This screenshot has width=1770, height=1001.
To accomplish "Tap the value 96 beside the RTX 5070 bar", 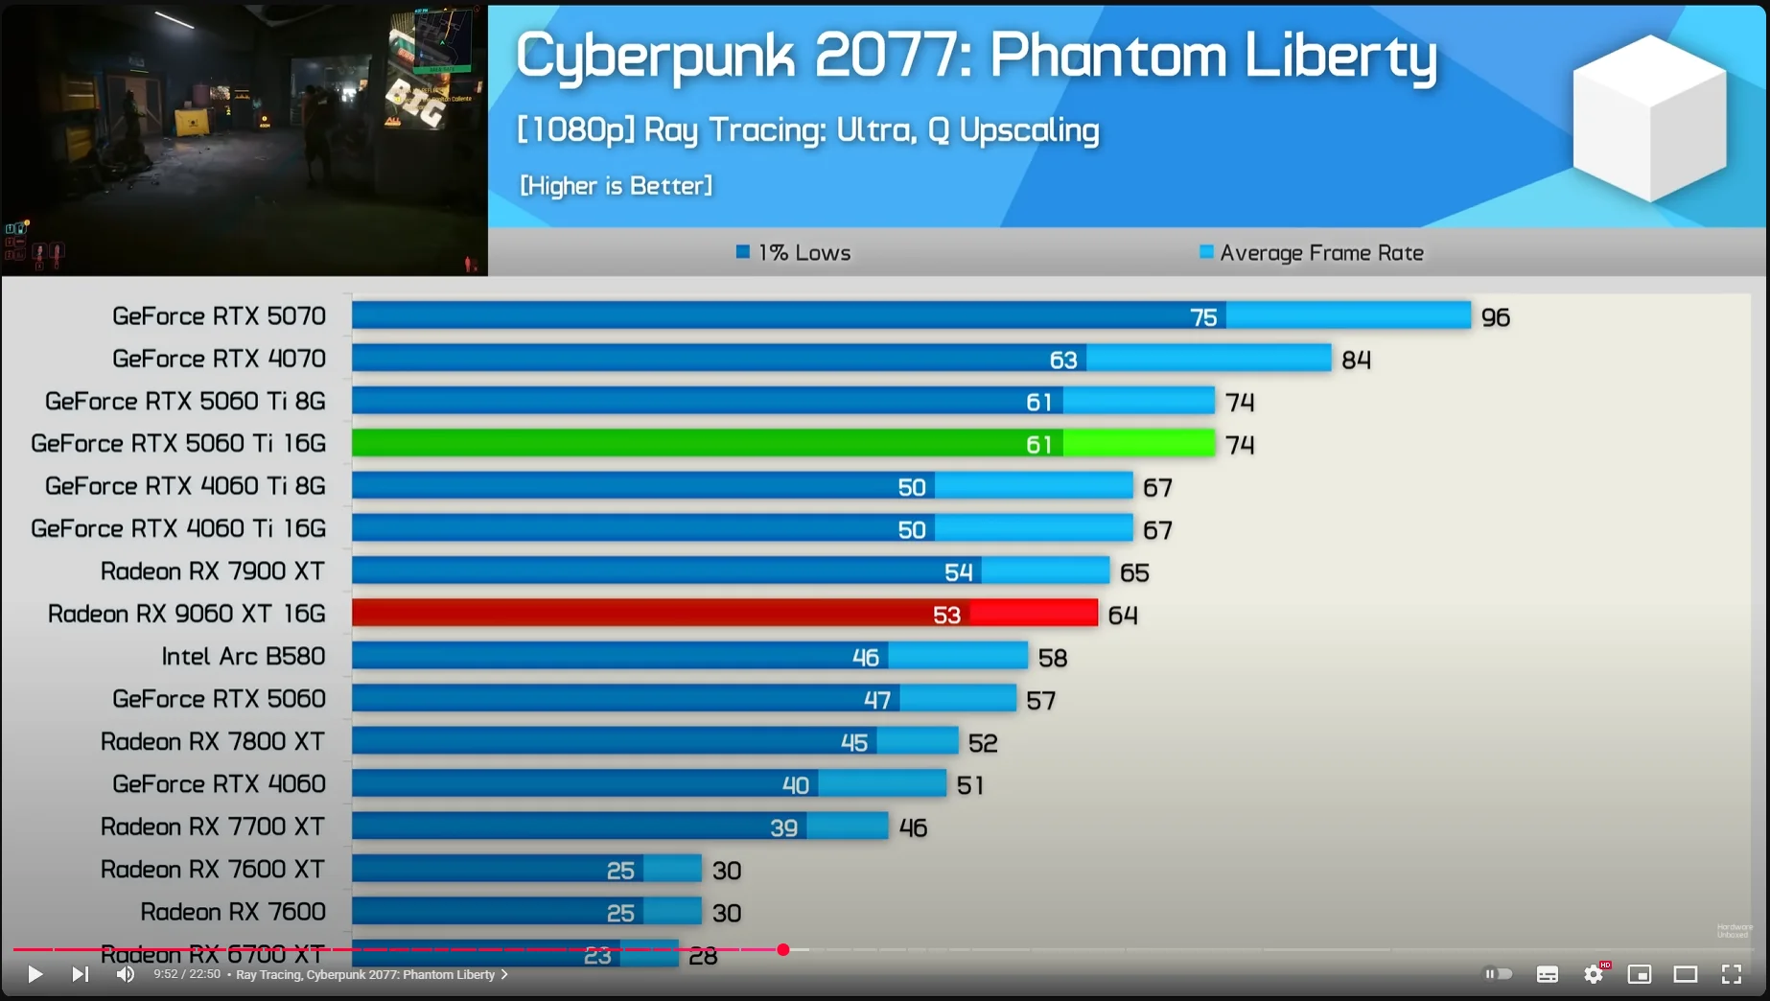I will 1495,317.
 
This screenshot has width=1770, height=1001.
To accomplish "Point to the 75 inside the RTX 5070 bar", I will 1203,317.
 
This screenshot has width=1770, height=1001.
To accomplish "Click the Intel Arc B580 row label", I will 244,657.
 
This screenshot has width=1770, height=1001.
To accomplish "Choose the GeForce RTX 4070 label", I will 219,359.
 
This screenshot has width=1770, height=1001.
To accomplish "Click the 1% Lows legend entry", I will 794,253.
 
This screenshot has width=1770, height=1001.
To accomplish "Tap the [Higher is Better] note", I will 616,186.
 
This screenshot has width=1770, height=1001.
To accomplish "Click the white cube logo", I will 1649,117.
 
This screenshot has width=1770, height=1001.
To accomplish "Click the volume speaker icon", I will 126,974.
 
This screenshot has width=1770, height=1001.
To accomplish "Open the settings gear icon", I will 1594,974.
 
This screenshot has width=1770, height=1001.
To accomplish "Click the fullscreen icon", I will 1732,974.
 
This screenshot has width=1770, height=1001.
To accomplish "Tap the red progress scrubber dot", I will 783,949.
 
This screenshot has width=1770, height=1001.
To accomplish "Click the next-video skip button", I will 81,974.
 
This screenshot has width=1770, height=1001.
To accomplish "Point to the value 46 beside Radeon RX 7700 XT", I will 913,828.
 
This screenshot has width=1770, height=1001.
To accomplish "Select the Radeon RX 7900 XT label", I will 213,571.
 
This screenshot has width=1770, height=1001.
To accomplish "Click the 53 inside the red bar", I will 946,615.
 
